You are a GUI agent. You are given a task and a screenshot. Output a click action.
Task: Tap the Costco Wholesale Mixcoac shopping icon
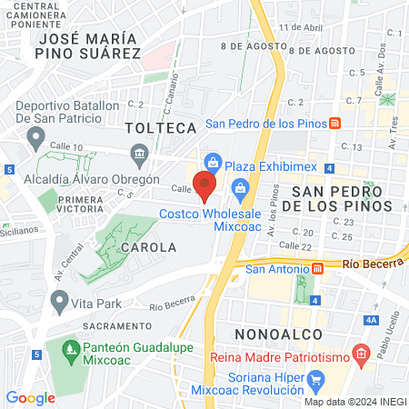[241, 189]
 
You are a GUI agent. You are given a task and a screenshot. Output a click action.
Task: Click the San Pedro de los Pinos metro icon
[336, 124]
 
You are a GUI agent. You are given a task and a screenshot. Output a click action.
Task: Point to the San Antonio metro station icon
[318, 268]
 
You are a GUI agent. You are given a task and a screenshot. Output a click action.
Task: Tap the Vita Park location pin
[60, 299]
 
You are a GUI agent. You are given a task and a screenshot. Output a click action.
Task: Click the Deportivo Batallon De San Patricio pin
[36, 137]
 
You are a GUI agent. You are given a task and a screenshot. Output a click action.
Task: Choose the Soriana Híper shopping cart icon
[316, 378]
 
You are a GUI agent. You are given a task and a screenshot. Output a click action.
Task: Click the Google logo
[31, 397]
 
